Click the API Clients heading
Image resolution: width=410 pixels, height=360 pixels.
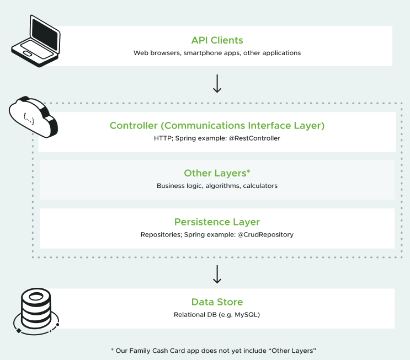point(217,40)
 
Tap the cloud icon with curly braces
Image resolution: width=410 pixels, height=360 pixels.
point(31,117)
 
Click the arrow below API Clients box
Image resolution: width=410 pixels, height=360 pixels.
point(217,83)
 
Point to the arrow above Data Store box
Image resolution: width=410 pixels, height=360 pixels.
point(217,274)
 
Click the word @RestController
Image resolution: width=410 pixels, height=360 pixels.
point(257,138)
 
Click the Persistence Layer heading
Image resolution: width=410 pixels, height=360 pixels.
point(217,222)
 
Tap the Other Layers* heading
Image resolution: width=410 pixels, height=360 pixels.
point(217,173)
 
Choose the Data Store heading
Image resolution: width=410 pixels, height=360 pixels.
point(217,302)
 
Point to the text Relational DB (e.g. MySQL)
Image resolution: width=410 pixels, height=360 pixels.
point(217,315)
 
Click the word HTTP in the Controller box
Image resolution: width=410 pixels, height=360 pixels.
point(161,138)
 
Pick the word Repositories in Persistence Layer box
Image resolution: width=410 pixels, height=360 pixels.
point(158,234)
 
